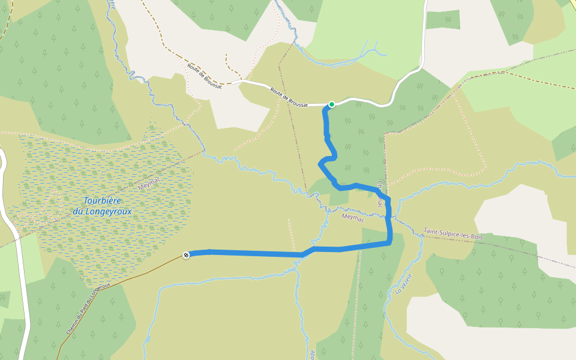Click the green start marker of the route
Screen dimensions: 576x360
pos(331,104)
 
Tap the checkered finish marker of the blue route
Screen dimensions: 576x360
pos(187,255)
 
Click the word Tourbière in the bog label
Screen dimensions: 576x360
pos(102,201)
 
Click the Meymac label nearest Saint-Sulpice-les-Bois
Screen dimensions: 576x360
pos(353,217)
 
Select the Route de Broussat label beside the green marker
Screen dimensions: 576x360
pos(289,97)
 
